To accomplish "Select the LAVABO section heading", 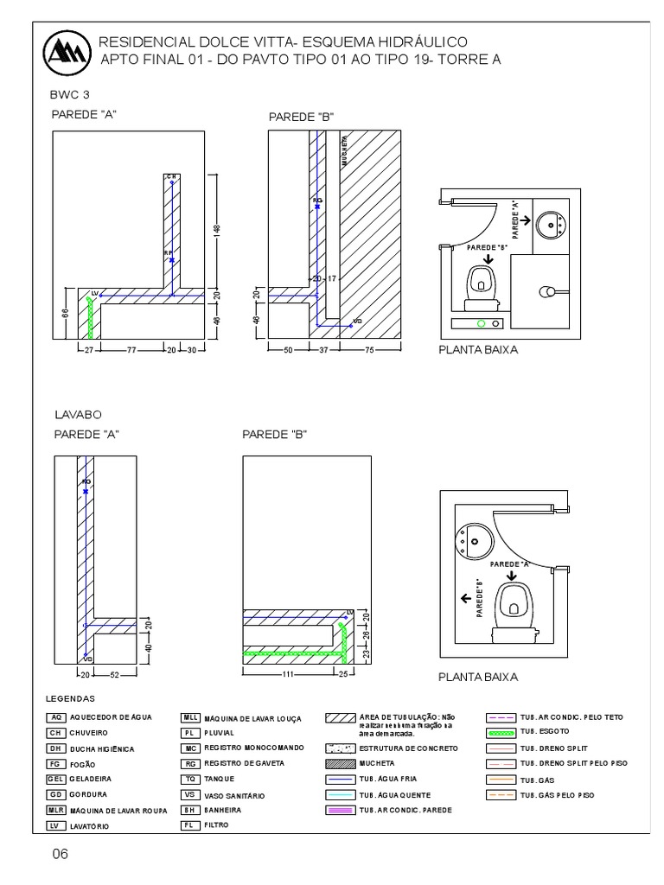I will pyautogui.click(x=79, y=415).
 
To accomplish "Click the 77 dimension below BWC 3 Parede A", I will pyautogui.click(x=133, y=349).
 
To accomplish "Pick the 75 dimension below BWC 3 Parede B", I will pyautogui.click(x=369, y=349).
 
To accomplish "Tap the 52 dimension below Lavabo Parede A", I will pyautogui.click(x=113, y=674).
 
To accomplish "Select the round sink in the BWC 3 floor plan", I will pyautogui.click(x=550, y=226).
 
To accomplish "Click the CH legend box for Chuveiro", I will pyautogui.click(x=56, y=732).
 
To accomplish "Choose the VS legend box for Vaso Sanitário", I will pyautogui.click(x=190, y=794).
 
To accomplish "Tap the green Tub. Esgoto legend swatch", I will pyautogui.click(x=502, y=732).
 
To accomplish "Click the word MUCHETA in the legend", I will pyautogui.click(x=377, y=764).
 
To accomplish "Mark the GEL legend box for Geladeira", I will pyautogui.click(x=56, y=779).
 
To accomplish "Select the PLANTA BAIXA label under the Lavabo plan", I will pyautogui.click(x=478, y=677).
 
